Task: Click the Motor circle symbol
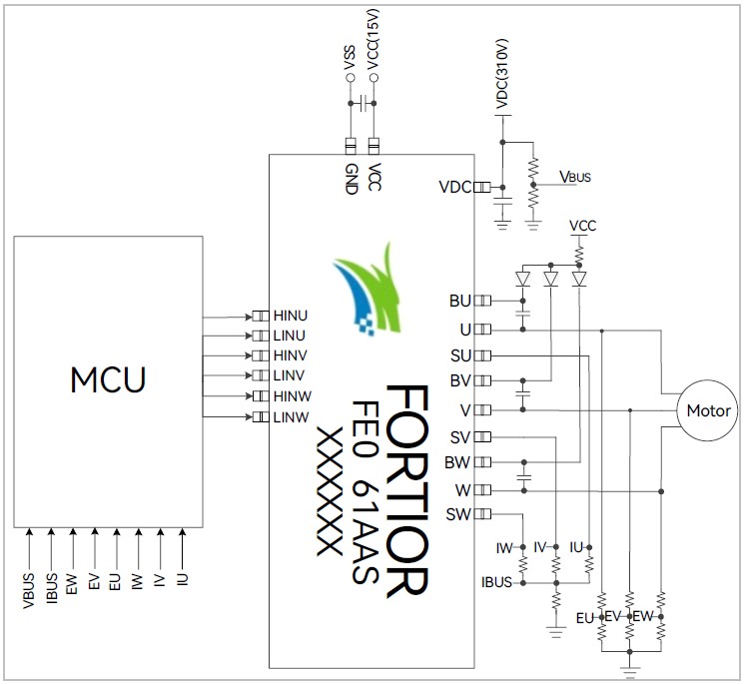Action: tap(709, 410)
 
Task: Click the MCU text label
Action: tap(108, 379)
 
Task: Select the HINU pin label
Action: tap(290, 317)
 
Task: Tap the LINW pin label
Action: tap(291, 416)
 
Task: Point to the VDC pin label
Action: tap(454, 187)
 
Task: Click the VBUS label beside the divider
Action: tap(575, 177)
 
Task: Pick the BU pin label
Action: tap(459, 301)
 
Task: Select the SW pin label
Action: tap(459, 514)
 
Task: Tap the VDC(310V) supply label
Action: tap(502, 76)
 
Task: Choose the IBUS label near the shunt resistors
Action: tap(496, 582)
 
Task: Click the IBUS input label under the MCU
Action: tap(51, 590)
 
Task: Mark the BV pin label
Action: tap(459, 380)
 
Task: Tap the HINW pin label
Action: tap(291, 396)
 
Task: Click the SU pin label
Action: tap(459, 355)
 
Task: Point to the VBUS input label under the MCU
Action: tap(28, 589)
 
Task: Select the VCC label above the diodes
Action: tap(582, 227)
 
